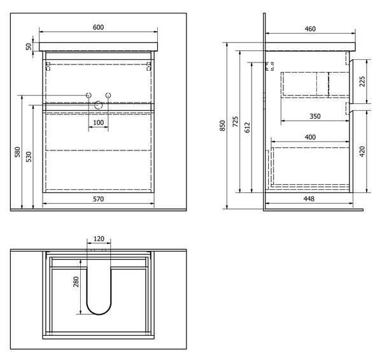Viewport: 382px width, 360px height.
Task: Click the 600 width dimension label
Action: click(x=99, y=27)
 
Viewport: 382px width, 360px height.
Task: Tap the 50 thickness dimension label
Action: click(x=29, y=47)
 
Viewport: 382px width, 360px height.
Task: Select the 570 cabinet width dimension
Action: click(x=99, y=199)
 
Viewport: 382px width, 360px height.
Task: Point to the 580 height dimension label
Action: click(x=18, y=152)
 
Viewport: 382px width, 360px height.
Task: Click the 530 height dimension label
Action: click(x=29, y=157)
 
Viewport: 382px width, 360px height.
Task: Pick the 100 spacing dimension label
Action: click(x=99, y=122)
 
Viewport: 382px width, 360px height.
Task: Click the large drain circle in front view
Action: click(x=99, y=105)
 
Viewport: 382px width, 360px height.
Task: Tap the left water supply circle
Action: click(x=88, y=96)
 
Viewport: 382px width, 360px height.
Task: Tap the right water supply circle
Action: click(x=108, y=96)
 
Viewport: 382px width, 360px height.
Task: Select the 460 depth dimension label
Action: click(x=310, y=29)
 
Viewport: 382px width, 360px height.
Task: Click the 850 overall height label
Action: click(x=222, y=126)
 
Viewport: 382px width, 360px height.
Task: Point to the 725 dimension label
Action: click(x=236, y=122)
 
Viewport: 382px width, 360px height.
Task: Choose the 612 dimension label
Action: click(x=247, y=127)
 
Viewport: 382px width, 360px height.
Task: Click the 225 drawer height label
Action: click(x=362, y=82)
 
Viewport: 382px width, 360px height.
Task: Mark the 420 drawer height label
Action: click(x=362, y=152)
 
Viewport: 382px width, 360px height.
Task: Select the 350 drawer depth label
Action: click(x=315, y=116)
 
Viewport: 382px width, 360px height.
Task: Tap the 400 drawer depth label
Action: click(x=310, y=137)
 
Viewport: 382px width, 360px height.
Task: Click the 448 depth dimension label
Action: click(x=309, y=199)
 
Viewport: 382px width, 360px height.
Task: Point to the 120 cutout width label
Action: click(x=99, y=239)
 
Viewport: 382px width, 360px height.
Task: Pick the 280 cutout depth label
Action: click(x=76, y=282)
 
